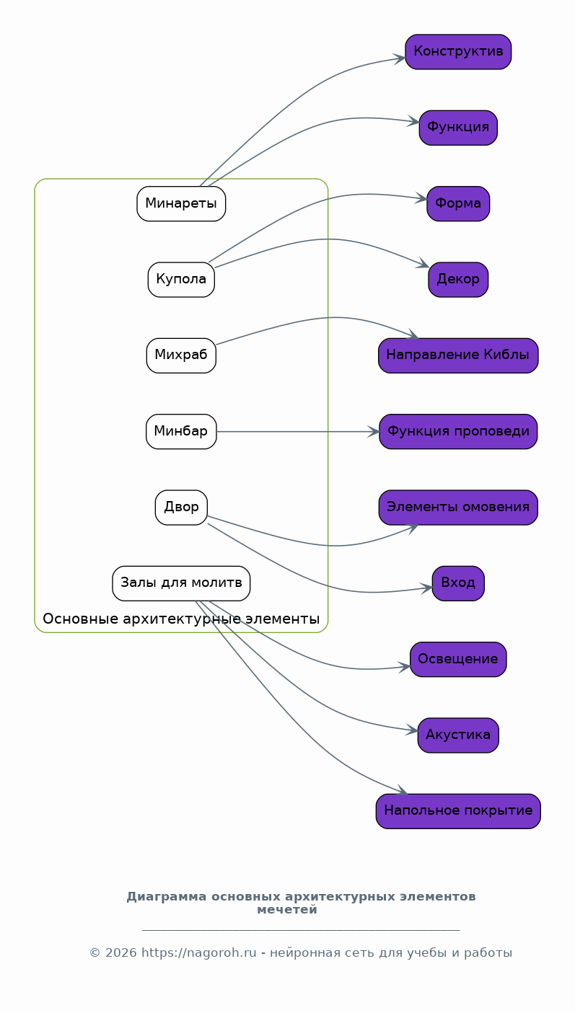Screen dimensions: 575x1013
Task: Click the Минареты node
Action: (x=181, y=203)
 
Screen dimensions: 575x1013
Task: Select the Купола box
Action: (x=181, y=280)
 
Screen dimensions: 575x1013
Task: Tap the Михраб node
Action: (x=181, y=355)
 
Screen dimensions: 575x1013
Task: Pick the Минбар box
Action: (x=181, y=431)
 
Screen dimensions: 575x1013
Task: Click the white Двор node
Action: (x=181, y=508)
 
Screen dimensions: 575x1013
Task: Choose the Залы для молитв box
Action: (x=181, y=583)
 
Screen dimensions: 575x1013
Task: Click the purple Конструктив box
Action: (x=458, y=52)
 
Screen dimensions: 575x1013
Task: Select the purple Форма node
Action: (x=458, y=203)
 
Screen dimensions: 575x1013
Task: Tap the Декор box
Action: (x=458, y=280)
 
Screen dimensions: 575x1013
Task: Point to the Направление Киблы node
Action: (x=458, y=355)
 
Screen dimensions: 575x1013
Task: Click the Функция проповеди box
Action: (x=458, y=431)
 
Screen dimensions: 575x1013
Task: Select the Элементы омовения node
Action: (x=458, y=508)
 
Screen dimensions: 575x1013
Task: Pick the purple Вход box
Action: (x=458, y=583)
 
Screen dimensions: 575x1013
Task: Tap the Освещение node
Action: (x=458, y=660)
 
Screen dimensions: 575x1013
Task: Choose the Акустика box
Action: (x=458, y=735)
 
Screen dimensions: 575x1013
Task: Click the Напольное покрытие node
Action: (x=458, y=811)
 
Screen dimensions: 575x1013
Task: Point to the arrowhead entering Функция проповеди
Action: (x=374, y=432)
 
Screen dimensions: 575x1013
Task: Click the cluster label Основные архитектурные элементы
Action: (x=181, y=619)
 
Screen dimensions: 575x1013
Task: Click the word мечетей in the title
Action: (x=287, y=909)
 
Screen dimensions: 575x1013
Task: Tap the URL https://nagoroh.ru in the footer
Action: (x=199, y=953)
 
